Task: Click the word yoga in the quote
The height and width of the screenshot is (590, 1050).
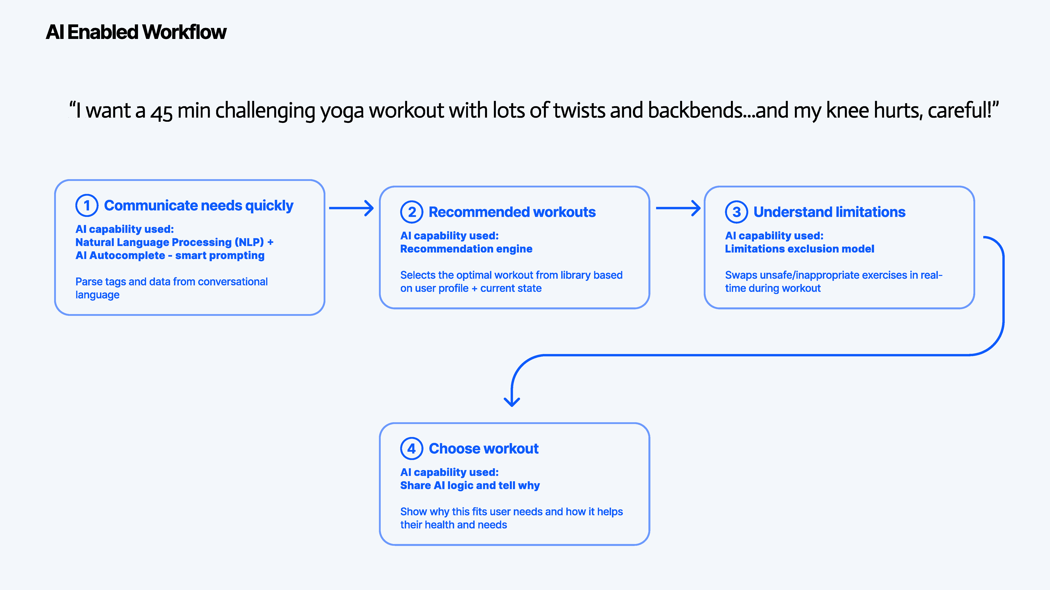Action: [342, 111]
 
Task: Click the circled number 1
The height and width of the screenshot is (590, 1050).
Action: [87, 206]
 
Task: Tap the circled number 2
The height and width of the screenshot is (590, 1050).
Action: [412, 212]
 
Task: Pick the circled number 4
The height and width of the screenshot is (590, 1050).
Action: [412, 449]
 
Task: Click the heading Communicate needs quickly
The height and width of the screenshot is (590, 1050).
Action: [198, 206]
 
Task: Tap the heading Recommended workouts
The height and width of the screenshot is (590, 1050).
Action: [512, 212]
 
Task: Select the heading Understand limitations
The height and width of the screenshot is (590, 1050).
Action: [829, 212]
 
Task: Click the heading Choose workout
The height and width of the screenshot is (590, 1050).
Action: [483, 449]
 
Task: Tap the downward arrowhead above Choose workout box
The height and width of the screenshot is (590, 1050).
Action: [512, 402]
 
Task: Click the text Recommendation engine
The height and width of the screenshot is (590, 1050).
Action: [466, 249]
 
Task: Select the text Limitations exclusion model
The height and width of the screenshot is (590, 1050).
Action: [799, 249]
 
